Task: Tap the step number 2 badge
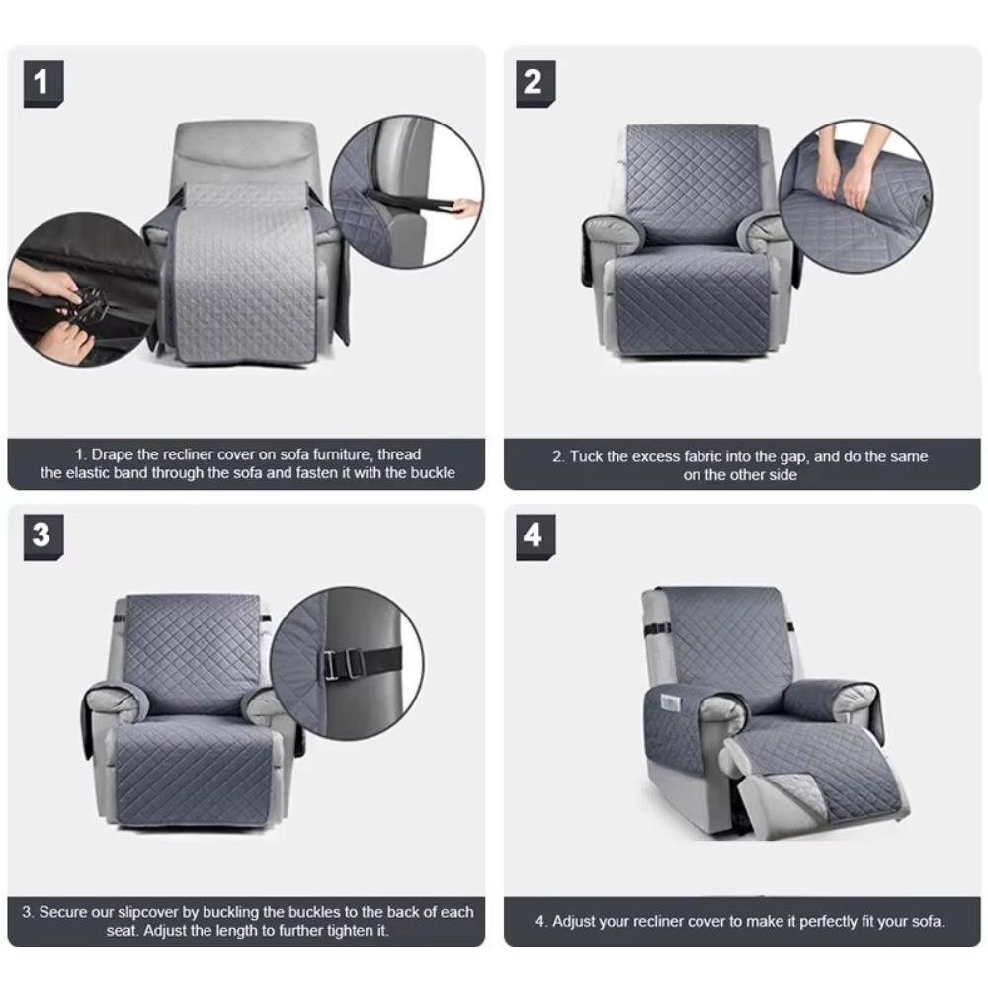tap(535, 83)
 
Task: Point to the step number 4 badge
tap(535, 535)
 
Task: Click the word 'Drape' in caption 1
tap(112, 454)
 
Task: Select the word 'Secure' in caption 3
tap(62, 912)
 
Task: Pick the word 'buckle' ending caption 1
tap(434, 472)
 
